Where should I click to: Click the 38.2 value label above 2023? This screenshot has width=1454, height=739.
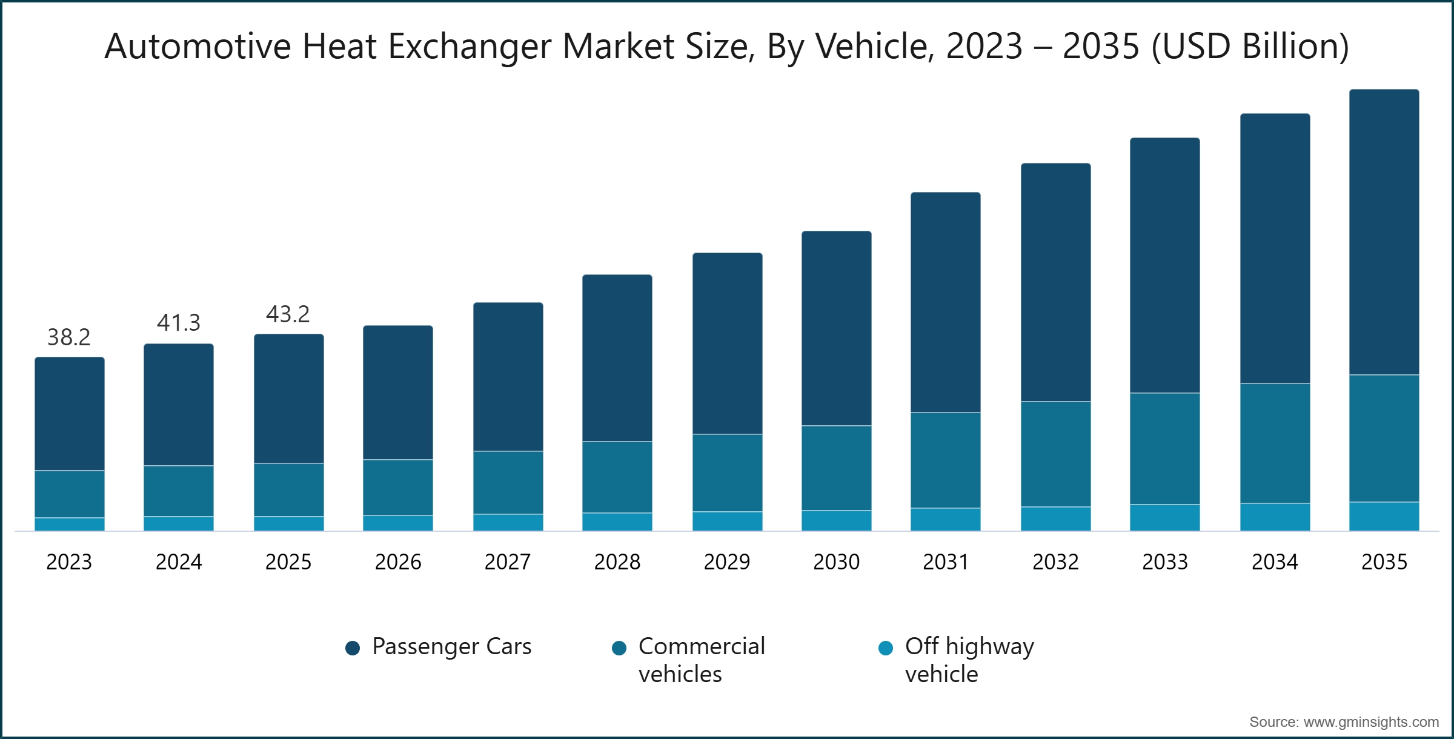pos(69,337)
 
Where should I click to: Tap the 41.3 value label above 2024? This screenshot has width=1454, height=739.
pos(178,323)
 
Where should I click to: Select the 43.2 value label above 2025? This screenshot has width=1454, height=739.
pos(288,314)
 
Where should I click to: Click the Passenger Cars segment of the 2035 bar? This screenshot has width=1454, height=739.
pos(1384,232)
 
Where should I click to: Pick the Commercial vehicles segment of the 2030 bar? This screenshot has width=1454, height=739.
pos(836,468)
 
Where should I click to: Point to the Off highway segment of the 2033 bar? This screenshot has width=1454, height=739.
pos(1164,517)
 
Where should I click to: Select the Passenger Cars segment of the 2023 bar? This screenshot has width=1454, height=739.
pos(69,414)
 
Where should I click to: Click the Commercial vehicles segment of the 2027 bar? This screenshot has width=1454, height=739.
pos(508,482)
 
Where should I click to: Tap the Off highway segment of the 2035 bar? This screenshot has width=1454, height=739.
pos(1384,516)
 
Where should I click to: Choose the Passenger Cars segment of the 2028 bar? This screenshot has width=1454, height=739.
pos(617,358)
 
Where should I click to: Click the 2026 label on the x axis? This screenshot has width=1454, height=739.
pos(397,562)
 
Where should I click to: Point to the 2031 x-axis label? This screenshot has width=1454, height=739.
pos(945,562)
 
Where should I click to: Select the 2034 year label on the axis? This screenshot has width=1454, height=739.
pos(1275,562)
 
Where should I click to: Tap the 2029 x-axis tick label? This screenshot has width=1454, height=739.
pos(726,562)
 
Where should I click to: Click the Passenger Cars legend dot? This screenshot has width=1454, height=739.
pos(353,648)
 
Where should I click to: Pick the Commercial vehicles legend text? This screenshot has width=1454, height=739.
pos(701,660)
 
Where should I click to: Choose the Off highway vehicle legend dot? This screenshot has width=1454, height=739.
pos(886,648)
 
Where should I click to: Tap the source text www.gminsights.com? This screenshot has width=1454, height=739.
pos(1370,722)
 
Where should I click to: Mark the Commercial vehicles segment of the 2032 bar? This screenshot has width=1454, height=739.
pos(1055,454)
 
